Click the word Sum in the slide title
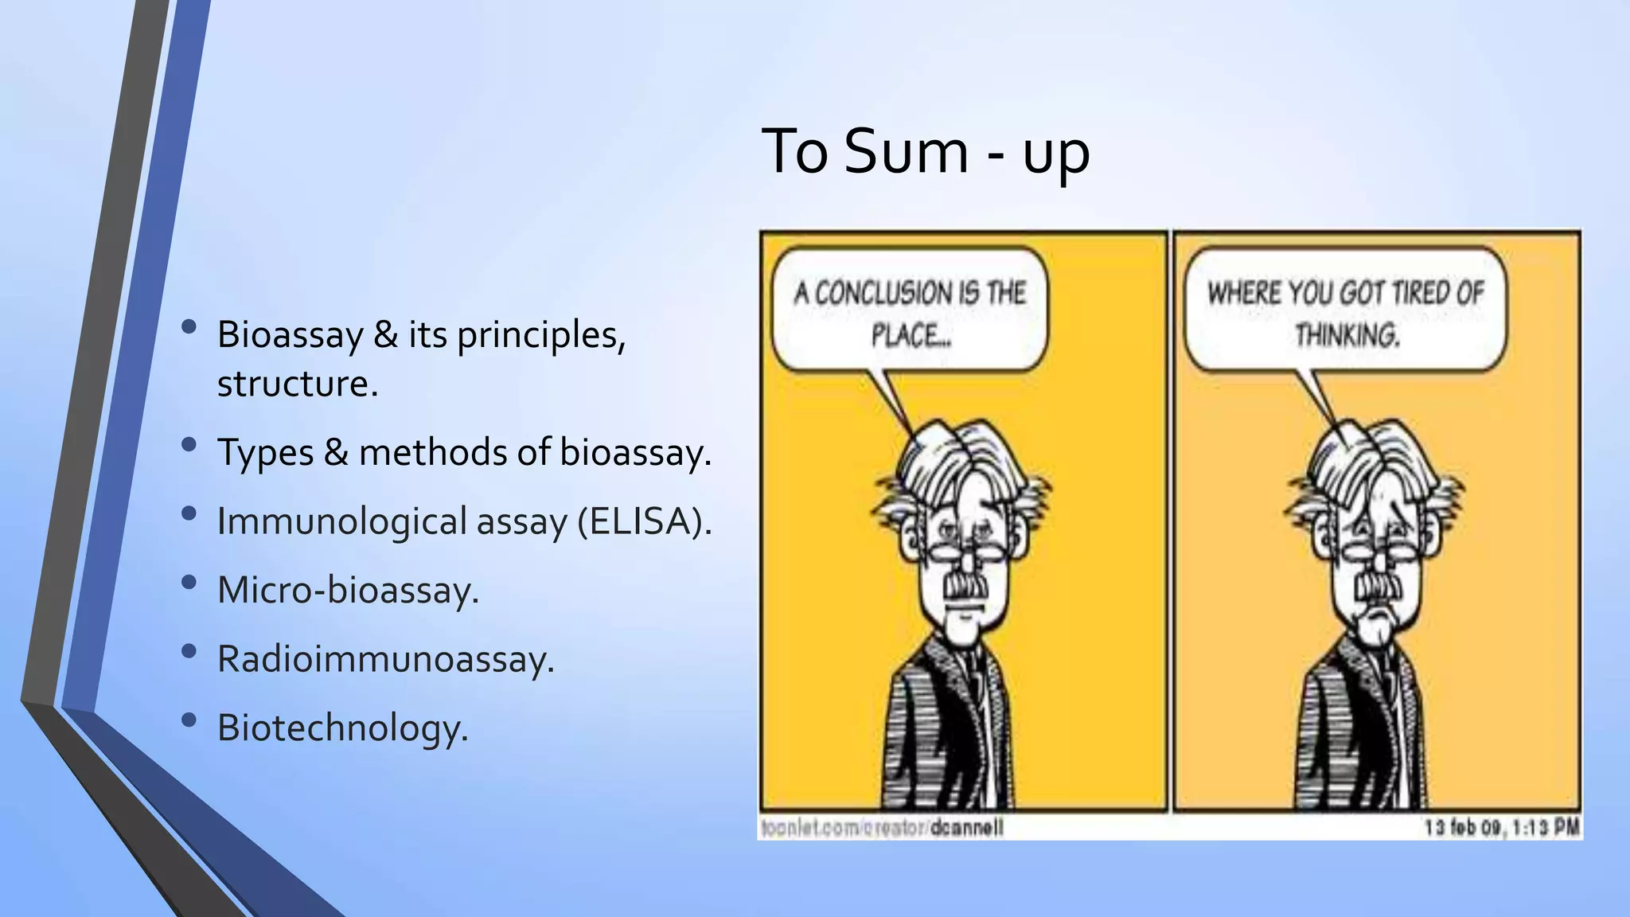pos(905,151)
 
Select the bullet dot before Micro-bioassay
pos(189,583)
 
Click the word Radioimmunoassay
pos(385,659)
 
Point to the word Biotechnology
pos(342,728)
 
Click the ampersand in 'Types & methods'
pos(336,453)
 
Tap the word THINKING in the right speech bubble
pos(1347,335)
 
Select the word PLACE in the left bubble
pos(911,335)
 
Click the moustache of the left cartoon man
pos(966,587)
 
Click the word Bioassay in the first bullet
pos(290,335)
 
